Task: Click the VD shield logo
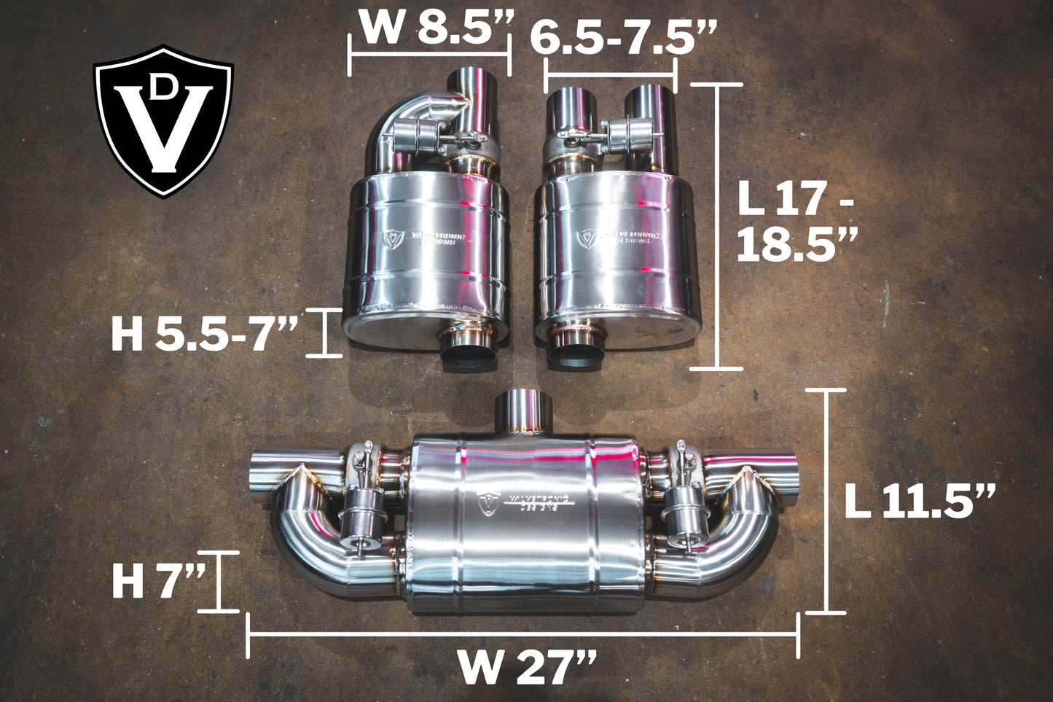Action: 163,121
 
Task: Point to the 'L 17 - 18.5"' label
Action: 794,222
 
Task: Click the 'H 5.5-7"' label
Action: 205,335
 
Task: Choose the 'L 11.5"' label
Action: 920,502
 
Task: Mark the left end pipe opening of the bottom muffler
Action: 261,475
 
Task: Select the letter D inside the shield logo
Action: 165,87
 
